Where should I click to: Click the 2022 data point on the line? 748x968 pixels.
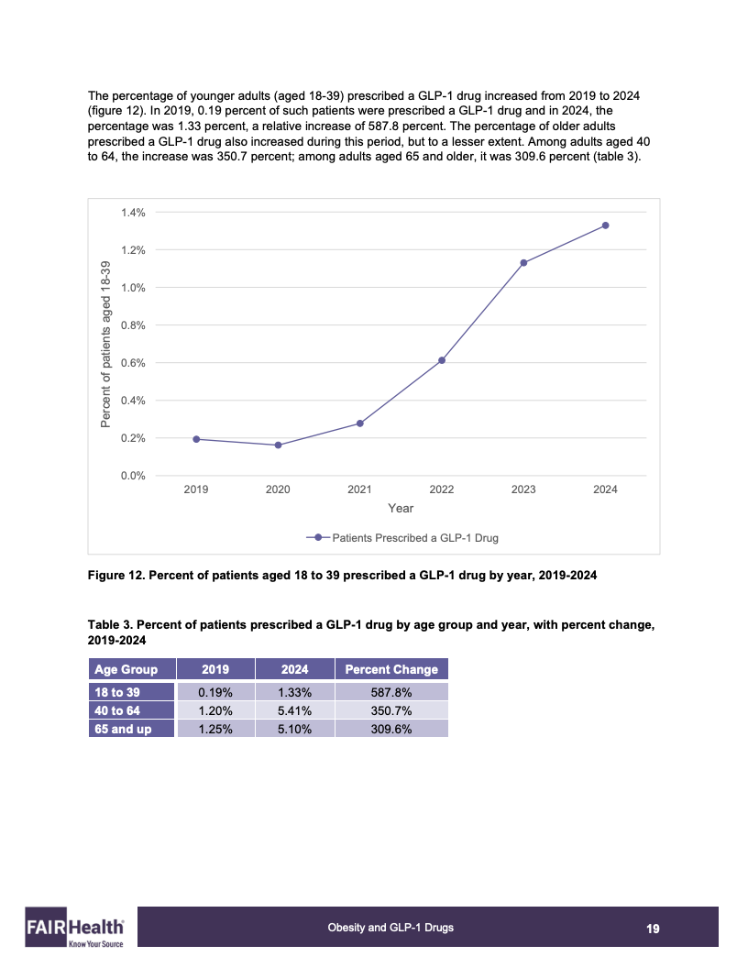[x=442, y=360]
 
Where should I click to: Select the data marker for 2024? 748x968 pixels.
[x=605, y=225]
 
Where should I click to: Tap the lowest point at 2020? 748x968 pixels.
[x=278, y=445]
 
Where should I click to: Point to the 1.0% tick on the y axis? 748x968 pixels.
[x=133, y=288]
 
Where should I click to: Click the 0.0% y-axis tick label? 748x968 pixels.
[x=133, y=476]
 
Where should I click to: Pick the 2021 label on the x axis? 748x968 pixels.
[x=359, y=489]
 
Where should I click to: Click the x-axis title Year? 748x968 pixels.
[x=401, y=508]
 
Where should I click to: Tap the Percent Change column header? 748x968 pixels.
[x=391, y=669]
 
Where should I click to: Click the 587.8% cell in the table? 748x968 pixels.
[x=391, y=692]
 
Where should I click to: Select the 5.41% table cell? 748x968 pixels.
[x=295, y=710]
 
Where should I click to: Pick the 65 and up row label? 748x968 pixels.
[x=123, y=729]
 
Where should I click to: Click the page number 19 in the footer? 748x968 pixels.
[x=653, y=929]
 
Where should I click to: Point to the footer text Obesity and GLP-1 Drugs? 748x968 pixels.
[x=390, y=928]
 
